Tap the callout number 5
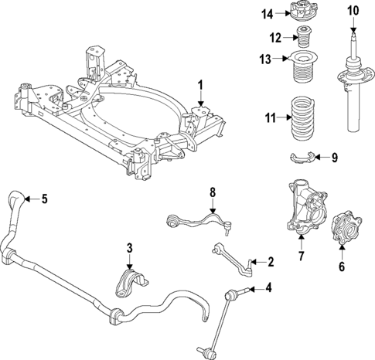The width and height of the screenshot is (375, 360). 43,199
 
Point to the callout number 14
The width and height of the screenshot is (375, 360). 267,13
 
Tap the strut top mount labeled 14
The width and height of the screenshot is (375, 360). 298,13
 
